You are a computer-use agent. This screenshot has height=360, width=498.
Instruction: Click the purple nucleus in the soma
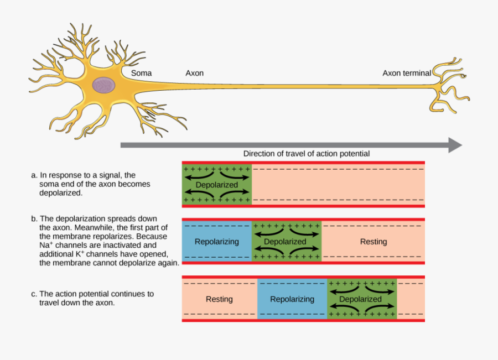click(x=103, y=85)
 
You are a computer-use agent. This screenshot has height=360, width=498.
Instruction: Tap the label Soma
click(x=141, y=73)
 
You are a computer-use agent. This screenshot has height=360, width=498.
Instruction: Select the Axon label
click(x=194, y=73)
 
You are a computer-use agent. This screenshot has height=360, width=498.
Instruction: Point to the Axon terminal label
click(x=407, y=73)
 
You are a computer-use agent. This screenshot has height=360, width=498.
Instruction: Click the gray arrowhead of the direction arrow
click(x=455, y=145)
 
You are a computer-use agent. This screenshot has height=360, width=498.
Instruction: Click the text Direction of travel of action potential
click(x=306, y=154)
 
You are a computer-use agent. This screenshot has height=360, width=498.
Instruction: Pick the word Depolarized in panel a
click(x=217, y=185)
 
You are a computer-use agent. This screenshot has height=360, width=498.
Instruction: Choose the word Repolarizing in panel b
click(x=217, y=242)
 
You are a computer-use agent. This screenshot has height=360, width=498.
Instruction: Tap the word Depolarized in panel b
click(x=285, y=242)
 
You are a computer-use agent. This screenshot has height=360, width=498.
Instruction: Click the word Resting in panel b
click(x=373, y=242)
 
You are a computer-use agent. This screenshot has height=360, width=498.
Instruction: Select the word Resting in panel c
click(x=219, y=299)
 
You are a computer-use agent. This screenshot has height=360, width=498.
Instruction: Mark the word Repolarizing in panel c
click(x=292, y=299)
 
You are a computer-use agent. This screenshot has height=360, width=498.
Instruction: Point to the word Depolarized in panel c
click(x=360, y=299)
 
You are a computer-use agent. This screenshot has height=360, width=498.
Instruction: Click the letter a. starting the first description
click(x=34, y=175)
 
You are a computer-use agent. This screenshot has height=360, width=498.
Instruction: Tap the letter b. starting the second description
click(x=34, y=219)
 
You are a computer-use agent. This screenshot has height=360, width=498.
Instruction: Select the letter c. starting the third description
click(x=34, y=294)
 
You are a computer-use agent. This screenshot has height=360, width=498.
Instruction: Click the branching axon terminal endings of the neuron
click(x=451, y=86)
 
